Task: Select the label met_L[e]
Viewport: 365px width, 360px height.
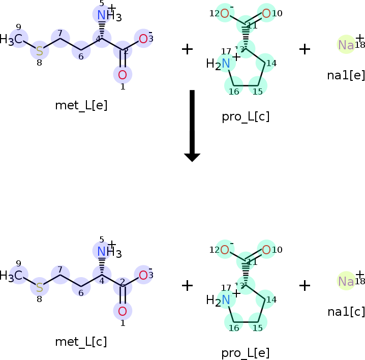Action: pos(81,105)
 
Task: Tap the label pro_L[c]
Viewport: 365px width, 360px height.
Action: pos(246,116)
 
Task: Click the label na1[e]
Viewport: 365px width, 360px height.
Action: pos(346,76)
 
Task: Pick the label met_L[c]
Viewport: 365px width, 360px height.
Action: pos(81,342)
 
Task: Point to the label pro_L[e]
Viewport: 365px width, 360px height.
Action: pos(245,353)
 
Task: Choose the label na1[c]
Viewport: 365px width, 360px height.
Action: pos(346,312)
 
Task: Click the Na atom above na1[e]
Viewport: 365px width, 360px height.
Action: pos(346,45)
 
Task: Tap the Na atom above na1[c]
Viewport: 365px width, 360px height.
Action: pos(346,281)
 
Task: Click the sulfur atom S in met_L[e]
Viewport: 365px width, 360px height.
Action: pos(39,51)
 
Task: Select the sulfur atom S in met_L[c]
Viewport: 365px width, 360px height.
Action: pos(39,287)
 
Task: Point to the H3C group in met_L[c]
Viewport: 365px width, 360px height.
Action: pos(11,275)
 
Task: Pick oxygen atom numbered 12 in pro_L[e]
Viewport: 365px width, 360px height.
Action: pos(224,250)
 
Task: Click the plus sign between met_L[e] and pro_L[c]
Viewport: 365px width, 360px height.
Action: pos(187,49)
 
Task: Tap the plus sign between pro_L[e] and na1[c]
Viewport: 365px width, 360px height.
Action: pos(304,285)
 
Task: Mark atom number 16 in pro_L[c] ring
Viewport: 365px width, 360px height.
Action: pos(233,71)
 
